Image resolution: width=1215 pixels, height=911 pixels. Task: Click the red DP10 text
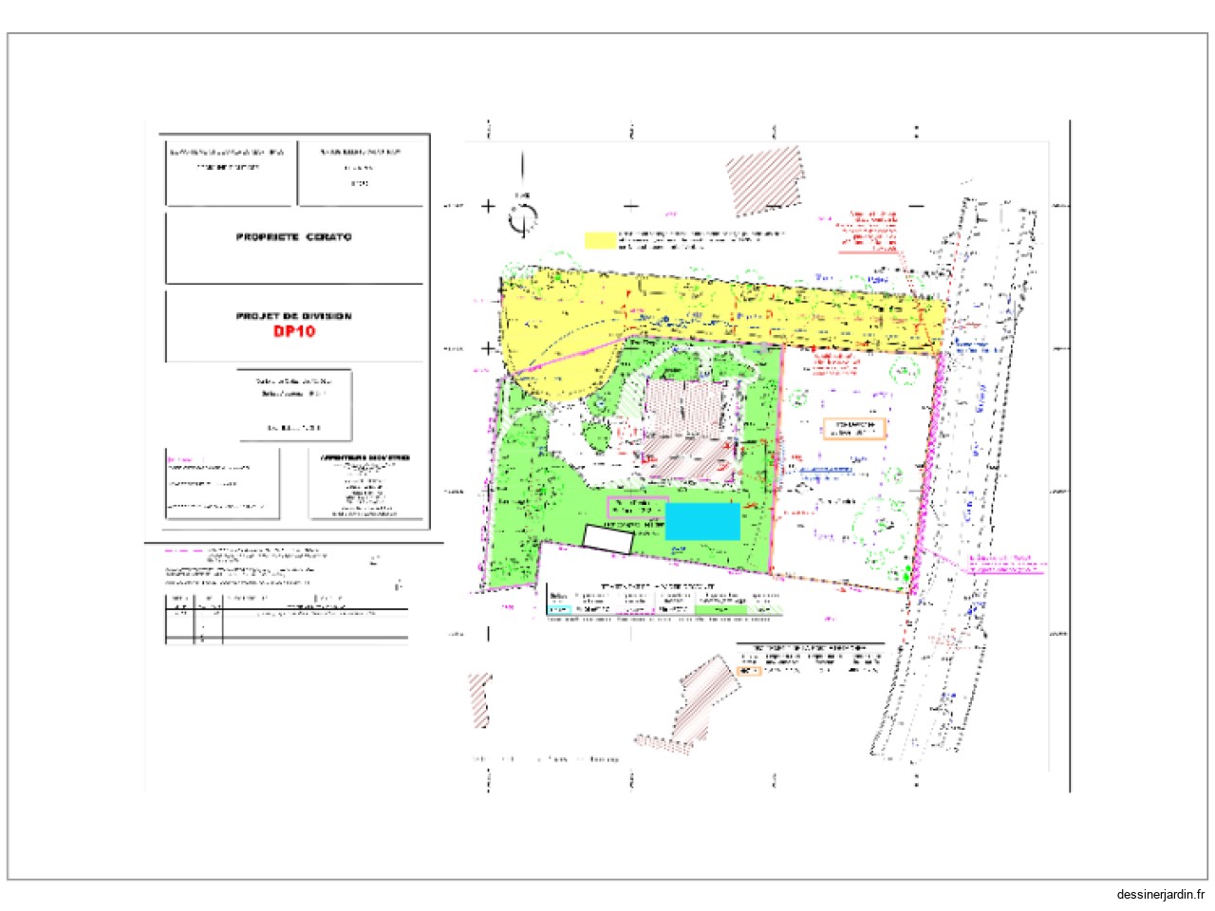pyautogui.click(x=294, y=331)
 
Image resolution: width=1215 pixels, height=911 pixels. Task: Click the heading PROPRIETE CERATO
pyautogui.click(x=293, y=236)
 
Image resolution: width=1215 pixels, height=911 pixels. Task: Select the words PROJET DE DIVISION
pyautogui.click(x=293, y=316)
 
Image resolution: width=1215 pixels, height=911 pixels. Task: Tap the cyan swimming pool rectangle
pyautogui.click(x=702, y=522)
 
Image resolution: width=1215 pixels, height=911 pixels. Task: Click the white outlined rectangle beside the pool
pyautogui.click(x=607, y=539)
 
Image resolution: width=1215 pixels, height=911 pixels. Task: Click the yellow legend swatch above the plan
pyautogui.click(x=600, y=239)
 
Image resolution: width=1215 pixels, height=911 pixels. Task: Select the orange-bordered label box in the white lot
pyautogui.click(x=853, y=429)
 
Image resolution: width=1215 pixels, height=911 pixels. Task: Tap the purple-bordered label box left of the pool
pyautogui.click(x=637, y=508)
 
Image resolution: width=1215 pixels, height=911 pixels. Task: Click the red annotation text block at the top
pyautogui.click(x=869, y=231)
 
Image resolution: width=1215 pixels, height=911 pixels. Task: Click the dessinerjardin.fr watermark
pyautogui.click(x=1161, y=894)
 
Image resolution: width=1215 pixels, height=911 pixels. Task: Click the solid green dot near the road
pyautogui.click(x=907, y=571)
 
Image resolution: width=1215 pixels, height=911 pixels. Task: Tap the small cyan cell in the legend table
pyautogui.click(x=560, y=609)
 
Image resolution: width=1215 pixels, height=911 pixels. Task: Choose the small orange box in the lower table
pyautogui.click(x=749, y=671)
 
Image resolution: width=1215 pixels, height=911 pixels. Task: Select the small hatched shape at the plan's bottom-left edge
pyautogui.click(x=480, y=700)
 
